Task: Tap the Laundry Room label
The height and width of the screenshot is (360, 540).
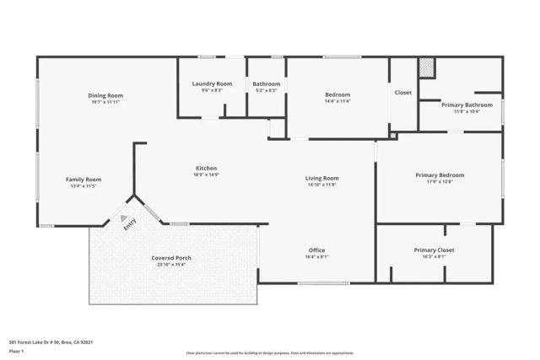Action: [x=212, y=83]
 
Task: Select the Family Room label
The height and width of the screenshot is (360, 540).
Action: [x=84, y=179]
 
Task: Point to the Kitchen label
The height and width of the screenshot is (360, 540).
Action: [x=207, y=169]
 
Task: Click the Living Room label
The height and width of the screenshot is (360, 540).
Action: [x=321, y=178]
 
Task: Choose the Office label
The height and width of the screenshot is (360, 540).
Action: [x=316, y=250]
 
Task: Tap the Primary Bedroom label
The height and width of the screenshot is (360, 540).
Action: [x=440, y=175]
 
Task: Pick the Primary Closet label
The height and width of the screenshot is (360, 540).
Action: [x=435, y=250]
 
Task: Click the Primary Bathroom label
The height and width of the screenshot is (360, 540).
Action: [x=461, y=105]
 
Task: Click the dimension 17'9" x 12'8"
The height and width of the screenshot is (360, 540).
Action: [x=440, y=182]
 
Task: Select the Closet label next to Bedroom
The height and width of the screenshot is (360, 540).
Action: [x=403, y=92]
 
